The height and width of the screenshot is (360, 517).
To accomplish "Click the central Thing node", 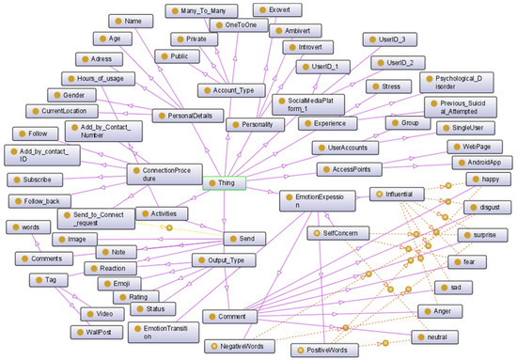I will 224,183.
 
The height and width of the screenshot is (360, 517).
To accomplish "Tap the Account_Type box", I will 229,90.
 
